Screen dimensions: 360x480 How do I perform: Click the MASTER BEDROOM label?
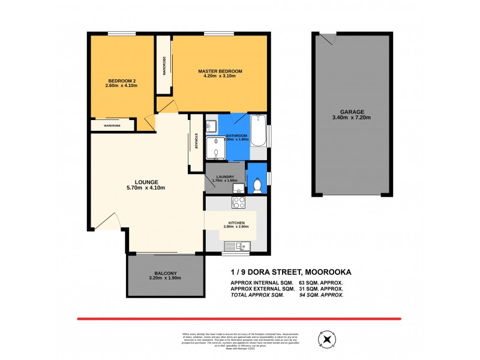point(220,71)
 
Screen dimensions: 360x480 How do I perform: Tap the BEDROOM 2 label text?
point(122,81)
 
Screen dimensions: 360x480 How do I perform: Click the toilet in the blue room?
point(257,185)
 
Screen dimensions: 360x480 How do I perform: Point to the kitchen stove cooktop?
point(238,202)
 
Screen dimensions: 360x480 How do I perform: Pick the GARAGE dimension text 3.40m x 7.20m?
point(352,118)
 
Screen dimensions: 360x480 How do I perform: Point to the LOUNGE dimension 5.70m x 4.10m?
point(146,188)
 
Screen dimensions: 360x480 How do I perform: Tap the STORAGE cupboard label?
point(196,141)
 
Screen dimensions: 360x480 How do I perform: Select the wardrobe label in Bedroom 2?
point(112,125)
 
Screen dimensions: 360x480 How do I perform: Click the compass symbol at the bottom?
point(328,340)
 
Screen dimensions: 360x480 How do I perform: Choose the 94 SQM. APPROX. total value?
point(321,295)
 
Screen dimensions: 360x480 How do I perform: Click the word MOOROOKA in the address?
point(329,272)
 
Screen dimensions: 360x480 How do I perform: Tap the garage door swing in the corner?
point(325,40)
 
